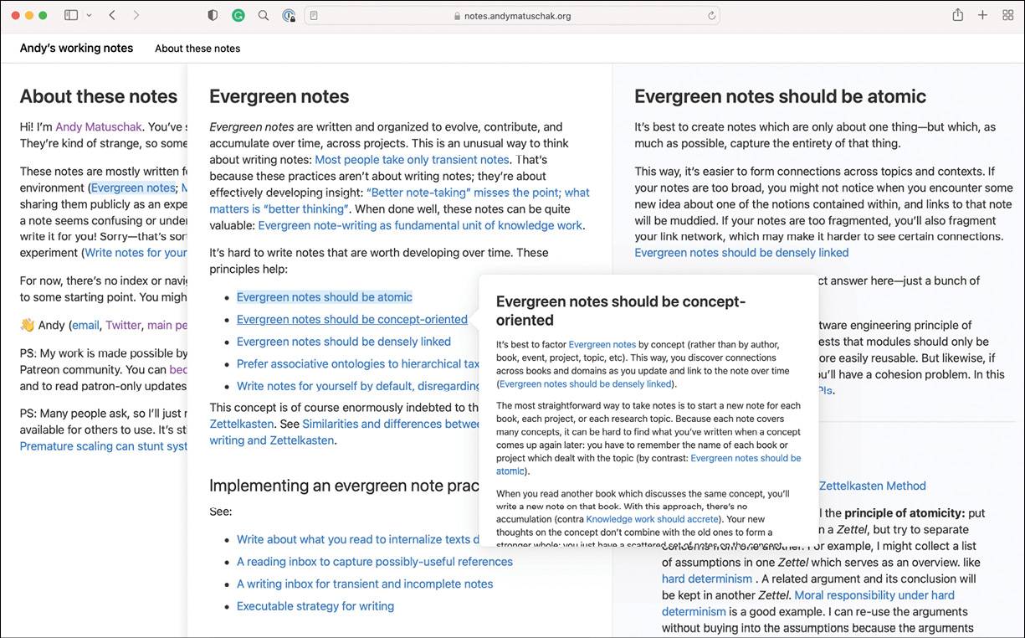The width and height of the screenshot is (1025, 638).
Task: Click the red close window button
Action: [16, 16]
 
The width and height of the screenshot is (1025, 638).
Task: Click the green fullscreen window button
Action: [43, 16]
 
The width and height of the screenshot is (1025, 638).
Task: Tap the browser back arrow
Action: [112, 16]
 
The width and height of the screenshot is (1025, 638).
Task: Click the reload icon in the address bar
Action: [712, 16]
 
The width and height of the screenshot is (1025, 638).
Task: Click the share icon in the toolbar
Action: [957, 16]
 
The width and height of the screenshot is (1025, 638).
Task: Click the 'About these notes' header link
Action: [197, 49]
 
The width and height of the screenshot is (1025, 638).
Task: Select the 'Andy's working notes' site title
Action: [76, 48]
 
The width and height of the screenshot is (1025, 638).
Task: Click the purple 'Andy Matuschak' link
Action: [100, 127]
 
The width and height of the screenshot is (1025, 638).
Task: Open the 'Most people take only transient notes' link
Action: [412, 159]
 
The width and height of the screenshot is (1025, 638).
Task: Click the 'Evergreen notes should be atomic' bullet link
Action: [324, 297]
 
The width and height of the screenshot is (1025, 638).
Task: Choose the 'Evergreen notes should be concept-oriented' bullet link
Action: [351, 319]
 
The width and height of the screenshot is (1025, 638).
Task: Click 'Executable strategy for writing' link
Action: [315, 606]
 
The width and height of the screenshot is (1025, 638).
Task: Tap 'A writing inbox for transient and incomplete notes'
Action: [364, 584]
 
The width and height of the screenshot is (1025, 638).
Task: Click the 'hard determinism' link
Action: [706, 579]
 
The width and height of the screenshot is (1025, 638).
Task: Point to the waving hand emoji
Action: [27, 326]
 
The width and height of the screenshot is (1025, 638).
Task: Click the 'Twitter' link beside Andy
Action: [123, 326]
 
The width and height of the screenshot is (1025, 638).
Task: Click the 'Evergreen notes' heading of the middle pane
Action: [279, 96]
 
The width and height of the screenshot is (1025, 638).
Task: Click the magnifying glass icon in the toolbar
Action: [263, 16]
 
